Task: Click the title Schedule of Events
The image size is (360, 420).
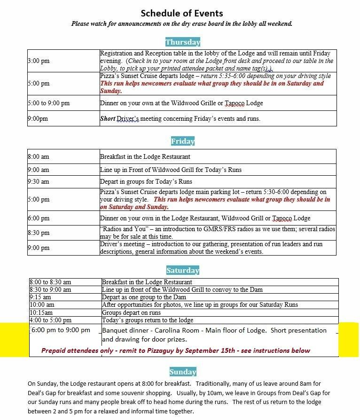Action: click(x=182, y=13)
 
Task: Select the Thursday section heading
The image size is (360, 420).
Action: click(x=183, y=42)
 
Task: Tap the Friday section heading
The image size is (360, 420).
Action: click(x=183, y=141)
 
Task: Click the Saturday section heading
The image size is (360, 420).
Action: click(x=183, y=270)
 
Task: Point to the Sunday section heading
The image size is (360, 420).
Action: click(x=183, y=372)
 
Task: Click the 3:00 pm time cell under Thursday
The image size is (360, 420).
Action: click(x=39, y=61)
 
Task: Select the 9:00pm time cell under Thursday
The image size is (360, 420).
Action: click(x=38, y=119)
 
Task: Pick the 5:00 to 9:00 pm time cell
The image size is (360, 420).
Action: click(x=48, y=103)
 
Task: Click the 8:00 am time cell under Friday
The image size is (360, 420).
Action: click(x=39, y=157)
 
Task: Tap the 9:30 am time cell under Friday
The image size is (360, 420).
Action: click(x=39, y=182)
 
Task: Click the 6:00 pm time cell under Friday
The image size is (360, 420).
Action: click(x=39, y=218)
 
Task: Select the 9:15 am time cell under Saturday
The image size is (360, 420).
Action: click(x=40, y=297)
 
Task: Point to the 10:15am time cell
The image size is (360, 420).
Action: click(x=41, y=312)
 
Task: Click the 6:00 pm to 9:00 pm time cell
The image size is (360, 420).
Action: click(x=61, y=330)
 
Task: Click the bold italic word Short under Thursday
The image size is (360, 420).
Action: click(x=107, y=119)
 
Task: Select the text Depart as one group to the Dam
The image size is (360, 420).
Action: click(x=144, y=297)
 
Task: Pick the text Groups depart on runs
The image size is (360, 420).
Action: click(x=131, y=312)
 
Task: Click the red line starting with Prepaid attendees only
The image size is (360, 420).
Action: click(x=176, y=350)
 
